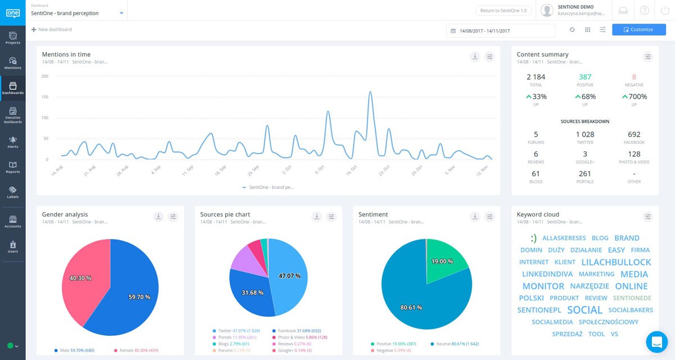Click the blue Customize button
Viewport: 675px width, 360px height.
point(638,30)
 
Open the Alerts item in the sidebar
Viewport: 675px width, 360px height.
point(12,141)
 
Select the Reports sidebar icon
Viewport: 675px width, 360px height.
point(12,166)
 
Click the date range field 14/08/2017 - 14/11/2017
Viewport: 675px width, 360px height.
point(500,30)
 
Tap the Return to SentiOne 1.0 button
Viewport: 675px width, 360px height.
point(503,10)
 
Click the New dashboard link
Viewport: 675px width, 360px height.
point(52,29)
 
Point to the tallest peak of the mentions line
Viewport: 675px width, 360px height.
point(370,92)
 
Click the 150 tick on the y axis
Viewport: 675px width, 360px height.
point(45,97)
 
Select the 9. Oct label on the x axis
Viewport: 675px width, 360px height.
point(319,169)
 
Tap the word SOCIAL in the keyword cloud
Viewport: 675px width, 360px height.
point(584,310)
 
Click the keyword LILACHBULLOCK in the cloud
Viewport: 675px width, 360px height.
point(616,262)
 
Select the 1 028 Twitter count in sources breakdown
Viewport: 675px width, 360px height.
point(585,134)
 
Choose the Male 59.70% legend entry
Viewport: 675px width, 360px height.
point(74,350)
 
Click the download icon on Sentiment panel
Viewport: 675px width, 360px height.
point(475,217)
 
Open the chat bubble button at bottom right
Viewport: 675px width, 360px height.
point(656,341)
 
